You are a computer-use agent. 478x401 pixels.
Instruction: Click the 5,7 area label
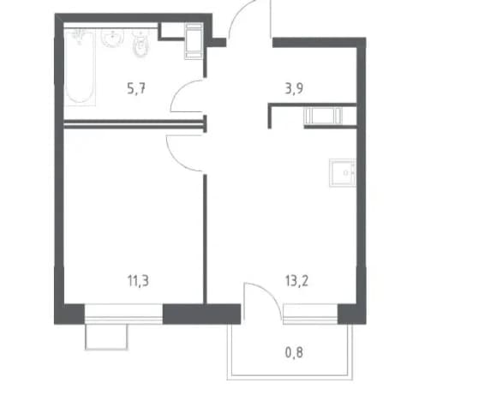click(x=136, y=89)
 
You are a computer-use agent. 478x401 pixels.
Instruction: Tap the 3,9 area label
click(x=294, y=89)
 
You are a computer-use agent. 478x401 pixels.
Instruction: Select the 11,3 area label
click(x=138, y=281)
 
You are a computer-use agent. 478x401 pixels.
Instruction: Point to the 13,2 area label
click(x=296, y=281)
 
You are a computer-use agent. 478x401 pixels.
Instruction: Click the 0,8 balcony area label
click(x=294, y=352)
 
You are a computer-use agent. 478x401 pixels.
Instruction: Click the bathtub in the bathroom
click(x=80, y=67)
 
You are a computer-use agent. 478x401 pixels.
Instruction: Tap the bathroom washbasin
click(x=112, y=39)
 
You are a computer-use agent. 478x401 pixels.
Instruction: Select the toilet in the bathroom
click(x=140, y=45)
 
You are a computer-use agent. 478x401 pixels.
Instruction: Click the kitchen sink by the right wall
click(x=343, y=172)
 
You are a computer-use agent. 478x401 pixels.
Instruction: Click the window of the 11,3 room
click(x=123, y=314)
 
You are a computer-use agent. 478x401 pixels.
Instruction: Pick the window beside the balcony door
click(x=310, y=314)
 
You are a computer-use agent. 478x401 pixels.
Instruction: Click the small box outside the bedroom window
click(x=106, y=337)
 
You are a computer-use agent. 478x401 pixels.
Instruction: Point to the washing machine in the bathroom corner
click(x=194, y=41)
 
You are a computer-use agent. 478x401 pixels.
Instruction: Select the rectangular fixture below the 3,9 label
click(x=323, y=116)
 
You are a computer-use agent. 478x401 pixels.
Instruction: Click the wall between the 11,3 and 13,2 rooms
click(x=205, y=239)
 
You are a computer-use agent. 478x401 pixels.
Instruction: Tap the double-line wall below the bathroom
click(x=134, y=123)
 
